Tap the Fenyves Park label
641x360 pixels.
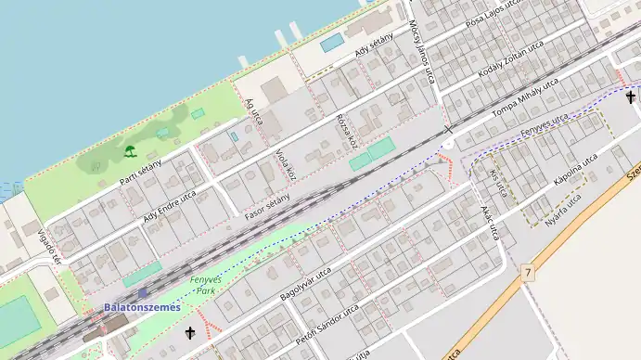201,285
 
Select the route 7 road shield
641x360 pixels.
528,272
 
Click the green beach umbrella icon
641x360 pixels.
130,151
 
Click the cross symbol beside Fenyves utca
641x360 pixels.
631,96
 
